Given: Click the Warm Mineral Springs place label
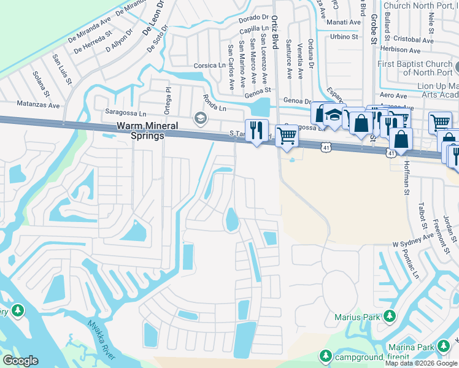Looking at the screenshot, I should (x=141, y=131).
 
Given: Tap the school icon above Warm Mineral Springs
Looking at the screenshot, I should (x=200, y=118).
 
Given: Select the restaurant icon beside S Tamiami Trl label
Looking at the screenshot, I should (x=256, y=131).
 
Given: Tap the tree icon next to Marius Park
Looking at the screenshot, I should (x=389, y=316).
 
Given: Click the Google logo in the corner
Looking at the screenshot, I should (x=20, y=360).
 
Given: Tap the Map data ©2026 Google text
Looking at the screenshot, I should (x=421, y=363).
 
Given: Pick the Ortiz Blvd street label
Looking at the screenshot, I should (x=275, y=34).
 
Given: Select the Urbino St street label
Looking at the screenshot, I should (x=344, y=36).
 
